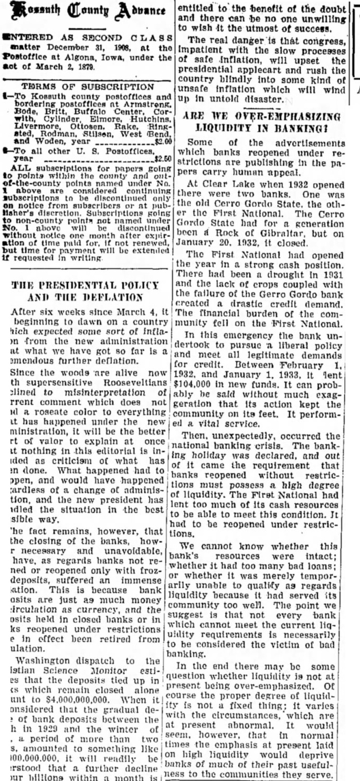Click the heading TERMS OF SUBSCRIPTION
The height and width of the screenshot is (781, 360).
coord(87,86)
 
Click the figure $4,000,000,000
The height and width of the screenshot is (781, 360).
coord(76,699)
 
